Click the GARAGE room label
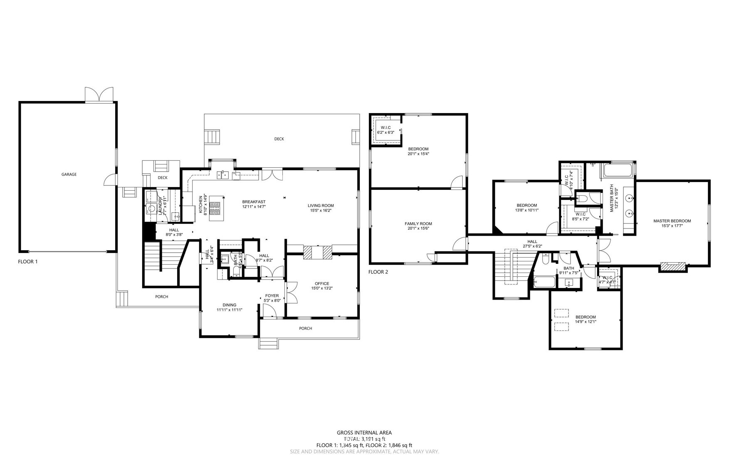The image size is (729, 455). (69, 175)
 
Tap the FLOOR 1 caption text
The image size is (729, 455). (28, 262)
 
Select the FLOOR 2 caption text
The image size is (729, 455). (378, 272)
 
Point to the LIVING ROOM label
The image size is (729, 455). (321, 206)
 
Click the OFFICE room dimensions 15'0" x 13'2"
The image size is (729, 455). (322, 288)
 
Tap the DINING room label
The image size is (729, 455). (229, 305)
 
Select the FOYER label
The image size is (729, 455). (272, 296)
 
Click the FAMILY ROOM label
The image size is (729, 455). (418, 224)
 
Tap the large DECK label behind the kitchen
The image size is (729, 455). (279, 139)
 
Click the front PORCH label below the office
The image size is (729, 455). (306, 328)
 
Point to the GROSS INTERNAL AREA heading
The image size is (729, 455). (364, 433)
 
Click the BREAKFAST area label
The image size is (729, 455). (254, 202)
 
